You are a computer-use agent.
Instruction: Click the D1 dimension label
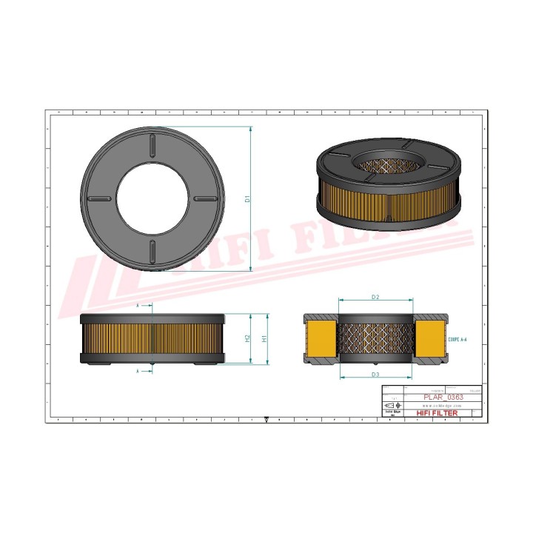point(249,198)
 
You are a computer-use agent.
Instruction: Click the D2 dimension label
point(375,297)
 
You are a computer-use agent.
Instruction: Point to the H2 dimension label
point(247,338)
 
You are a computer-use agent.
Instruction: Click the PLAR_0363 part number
point(443,398)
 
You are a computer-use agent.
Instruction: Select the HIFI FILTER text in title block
point(438,413)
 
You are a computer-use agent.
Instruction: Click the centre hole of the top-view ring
point(152,198)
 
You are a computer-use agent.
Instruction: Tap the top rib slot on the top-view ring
point(152,145)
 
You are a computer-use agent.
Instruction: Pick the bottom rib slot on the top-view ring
point(152,250)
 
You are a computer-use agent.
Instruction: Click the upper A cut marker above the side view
point(139,305)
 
